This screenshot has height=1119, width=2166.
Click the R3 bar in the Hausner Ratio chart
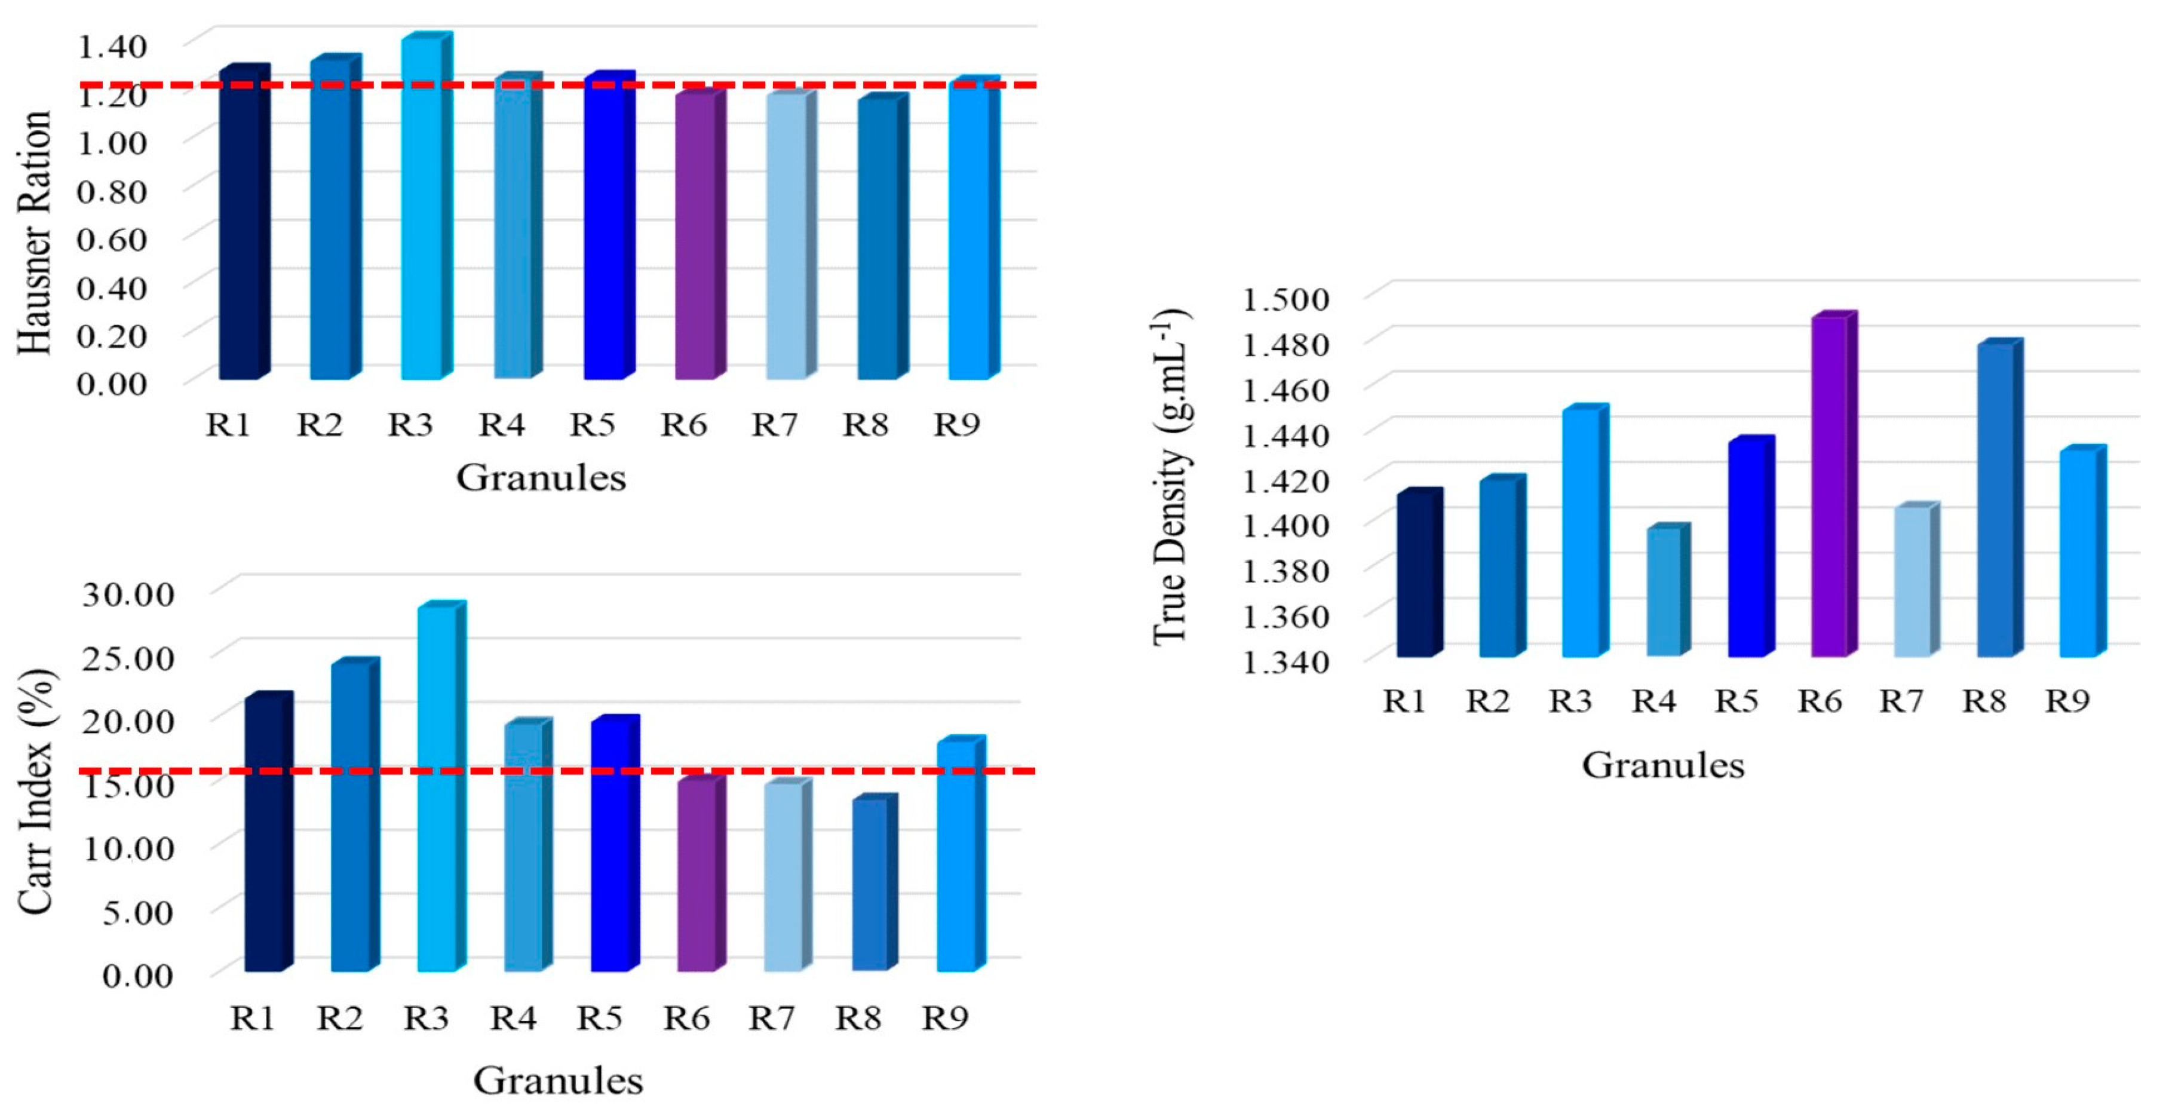(421, 210)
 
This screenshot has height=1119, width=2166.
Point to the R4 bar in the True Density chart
(1663, 593)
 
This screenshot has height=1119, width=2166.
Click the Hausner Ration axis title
(35, 233)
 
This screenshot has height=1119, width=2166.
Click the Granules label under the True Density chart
(1662, 766)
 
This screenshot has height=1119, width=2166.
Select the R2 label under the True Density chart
(1487, 700)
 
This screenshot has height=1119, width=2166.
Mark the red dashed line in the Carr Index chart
(588, 771)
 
